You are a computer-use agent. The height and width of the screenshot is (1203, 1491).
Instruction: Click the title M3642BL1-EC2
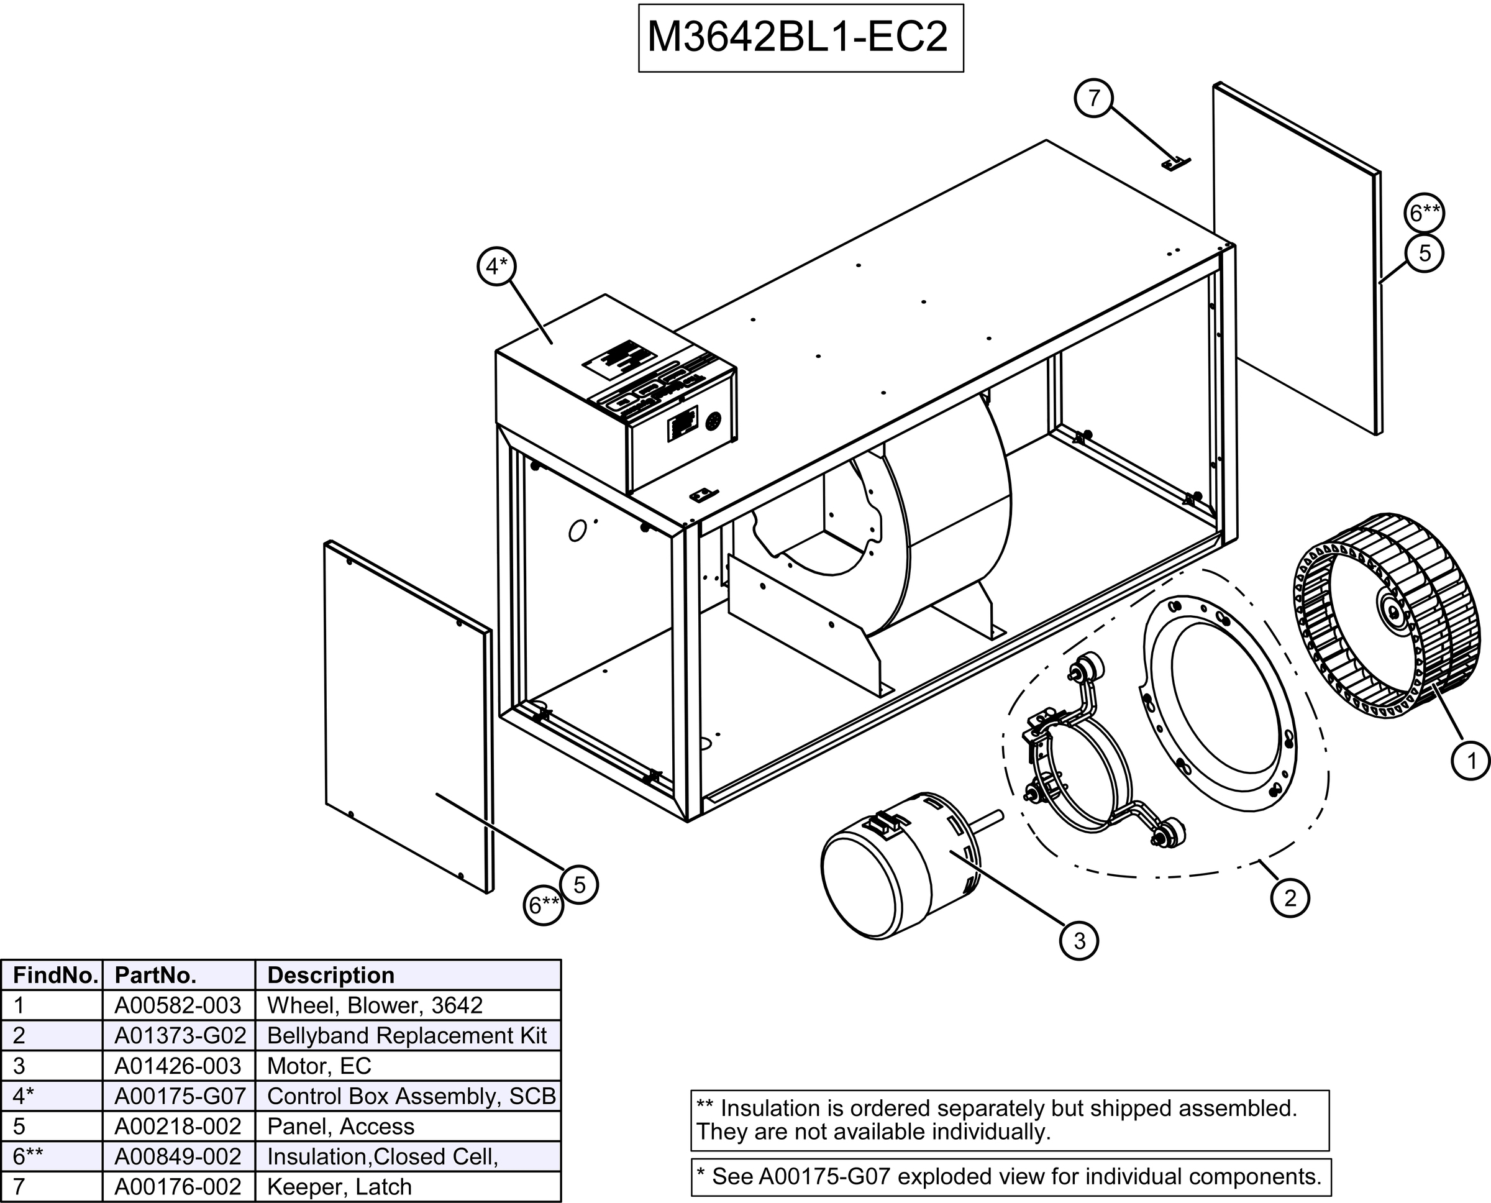[800, 38]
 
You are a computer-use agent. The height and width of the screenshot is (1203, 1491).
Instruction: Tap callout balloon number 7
[1093, 98]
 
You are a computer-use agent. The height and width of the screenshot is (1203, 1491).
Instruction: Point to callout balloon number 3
[1078, 940]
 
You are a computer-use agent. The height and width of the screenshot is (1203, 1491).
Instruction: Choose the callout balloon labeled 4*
[497, 266]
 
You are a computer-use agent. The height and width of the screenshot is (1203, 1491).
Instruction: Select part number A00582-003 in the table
[178, 1005]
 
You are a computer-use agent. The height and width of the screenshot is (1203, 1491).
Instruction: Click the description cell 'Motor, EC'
[319, 1065]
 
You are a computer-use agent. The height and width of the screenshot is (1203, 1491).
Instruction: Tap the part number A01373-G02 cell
[180, 1035]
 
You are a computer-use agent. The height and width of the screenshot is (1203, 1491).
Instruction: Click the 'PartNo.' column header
[156, 975]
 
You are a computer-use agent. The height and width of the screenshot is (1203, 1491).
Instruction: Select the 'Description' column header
[331, 975]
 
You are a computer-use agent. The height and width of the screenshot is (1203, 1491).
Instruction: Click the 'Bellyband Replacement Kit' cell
[407, 1035]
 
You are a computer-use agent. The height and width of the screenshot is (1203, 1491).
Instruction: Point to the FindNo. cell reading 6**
[28, 1156]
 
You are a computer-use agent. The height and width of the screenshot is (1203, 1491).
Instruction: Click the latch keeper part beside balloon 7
[1174, 163]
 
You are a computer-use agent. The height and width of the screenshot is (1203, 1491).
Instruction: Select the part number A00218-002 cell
[178, 1126]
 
